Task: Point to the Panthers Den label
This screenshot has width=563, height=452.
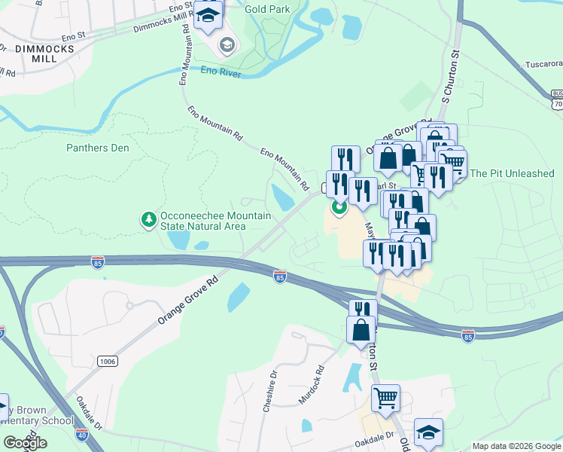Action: coord(97,148)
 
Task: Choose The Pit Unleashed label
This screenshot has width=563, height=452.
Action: coord(512,173)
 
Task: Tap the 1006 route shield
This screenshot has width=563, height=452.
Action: coord(107,362)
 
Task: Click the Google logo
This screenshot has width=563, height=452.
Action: coord(25,443)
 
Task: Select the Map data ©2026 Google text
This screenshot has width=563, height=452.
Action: coord(516,446)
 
